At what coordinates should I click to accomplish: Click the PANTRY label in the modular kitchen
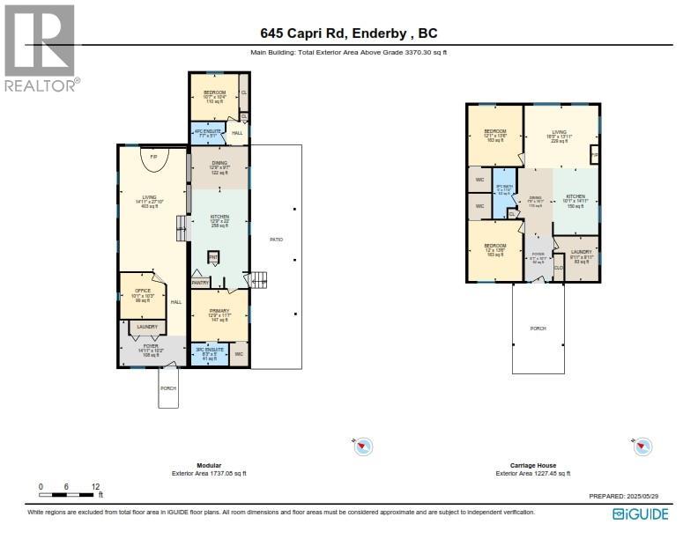pos(200,283)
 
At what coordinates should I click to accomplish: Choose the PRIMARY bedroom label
pos(219,312)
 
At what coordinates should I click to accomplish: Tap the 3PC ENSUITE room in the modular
pos(209,354)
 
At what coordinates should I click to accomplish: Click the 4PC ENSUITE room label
pos(207,134)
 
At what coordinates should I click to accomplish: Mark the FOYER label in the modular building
pos(151,347)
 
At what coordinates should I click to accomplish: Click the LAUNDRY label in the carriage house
pos(581,252)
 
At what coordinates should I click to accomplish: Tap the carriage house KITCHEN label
pos(575,196)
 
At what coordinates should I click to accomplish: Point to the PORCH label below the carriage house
pos(538,329)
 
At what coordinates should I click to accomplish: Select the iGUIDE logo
pos(641,514)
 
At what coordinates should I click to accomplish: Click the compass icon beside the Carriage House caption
pos(644,447)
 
